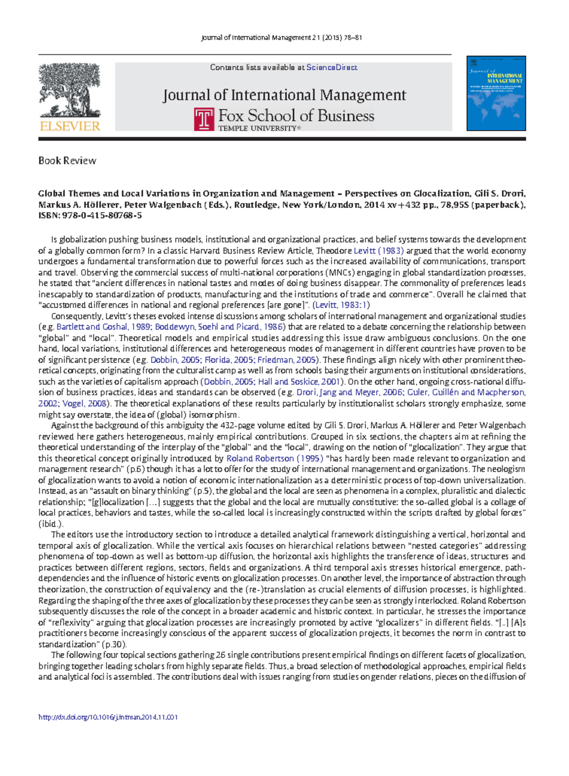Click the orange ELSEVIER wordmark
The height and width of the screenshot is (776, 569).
(70, 126)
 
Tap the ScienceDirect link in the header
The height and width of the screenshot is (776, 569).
(331, 67)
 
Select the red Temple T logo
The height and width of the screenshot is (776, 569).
(204, 119)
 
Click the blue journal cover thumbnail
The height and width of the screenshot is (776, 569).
(496, 94)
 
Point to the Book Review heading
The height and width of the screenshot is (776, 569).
(67, 161)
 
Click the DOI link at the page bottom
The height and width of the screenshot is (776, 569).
(108, 717)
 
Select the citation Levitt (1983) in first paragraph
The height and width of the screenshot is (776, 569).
(378, 251)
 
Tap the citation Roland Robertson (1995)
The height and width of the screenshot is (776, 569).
(275, 458)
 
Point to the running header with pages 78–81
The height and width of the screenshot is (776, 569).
(282, 37)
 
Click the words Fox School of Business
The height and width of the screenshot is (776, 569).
(296, 116)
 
